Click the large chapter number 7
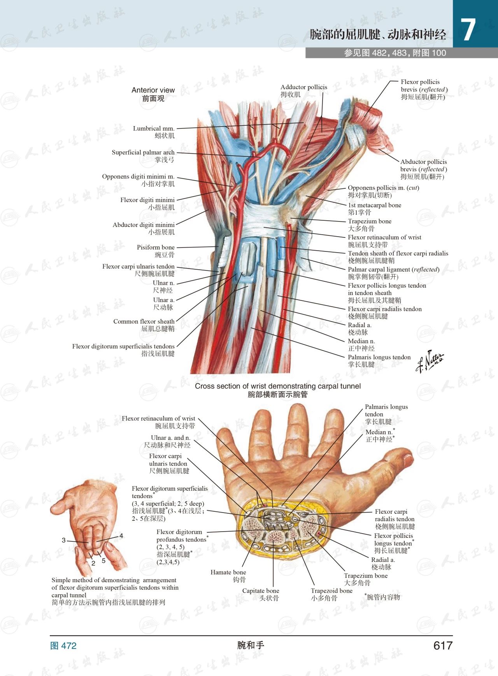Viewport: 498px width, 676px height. (x=468, y=30)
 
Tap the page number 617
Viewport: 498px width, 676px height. (x=443, y=646)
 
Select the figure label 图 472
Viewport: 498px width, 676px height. (x=63, y=646)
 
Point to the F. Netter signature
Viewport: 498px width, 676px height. (x=429, y=361)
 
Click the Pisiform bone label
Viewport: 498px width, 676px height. (x=156, y=251)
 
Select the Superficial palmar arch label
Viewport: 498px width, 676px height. (x=143, y=156)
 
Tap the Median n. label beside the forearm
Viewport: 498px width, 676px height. (x=361, y=344)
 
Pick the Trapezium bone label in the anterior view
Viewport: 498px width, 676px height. (x=370, y=225)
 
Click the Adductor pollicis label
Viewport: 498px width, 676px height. (x=304, y=91)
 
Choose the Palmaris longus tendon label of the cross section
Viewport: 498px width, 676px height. (x=386, y=414)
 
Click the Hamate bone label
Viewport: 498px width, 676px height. (x=228, y=576)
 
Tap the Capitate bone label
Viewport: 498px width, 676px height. (x=261, y=594)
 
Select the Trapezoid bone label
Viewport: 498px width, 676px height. (x=331, y=594)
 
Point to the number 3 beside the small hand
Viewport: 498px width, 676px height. (x=63, y=540)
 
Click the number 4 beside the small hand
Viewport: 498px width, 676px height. (x=121, y=536)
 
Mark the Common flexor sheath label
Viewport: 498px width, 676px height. (x=144, y=325)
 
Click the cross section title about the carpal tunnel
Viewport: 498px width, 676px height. (x=278, y=390)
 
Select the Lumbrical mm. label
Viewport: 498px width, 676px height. (x=154, y=132)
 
